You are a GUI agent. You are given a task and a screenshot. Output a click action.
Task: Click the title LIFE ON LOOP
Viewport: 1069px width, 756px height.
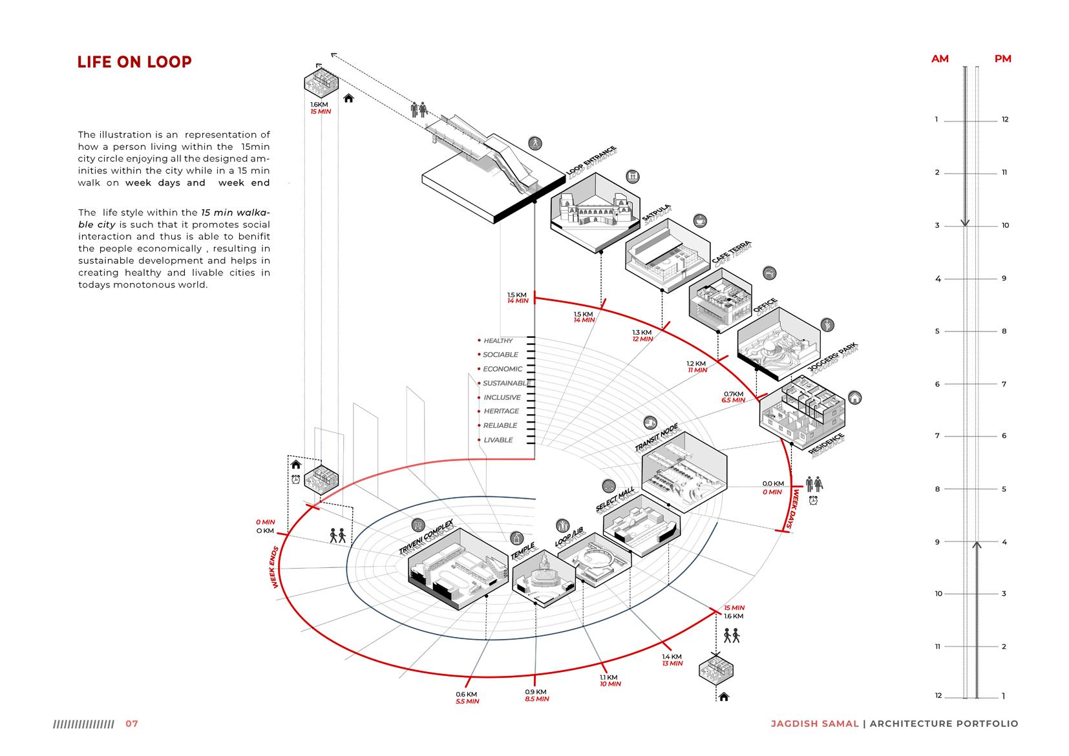click(134, 62)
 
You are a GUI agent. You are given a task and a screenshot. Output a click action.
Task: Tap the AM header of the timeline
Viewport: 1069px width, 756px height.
click(940, 59)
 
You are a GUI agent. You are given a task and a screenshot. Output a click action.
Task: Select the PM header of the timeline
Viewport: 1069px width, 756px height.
click(1002, 59)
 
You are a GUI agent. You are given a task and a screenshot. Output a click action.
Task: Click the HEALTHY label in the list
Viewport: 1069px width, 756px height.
click(498, 341)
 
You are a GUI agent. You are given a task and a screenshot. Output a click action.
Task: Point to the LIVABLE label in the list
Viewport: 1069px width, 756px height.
click(498, 440)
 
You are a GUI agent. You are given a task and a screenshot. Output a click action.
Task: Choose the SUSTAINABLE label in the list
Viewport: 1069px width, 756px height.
click(505, 383)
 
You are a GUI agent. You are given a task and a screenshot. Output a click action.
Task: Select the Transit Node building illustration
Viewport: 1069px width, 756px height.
click(684, 472)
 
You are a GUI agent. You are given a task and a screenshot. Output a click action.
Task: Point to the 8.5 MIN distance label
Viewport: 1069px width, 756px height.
click(538, 699)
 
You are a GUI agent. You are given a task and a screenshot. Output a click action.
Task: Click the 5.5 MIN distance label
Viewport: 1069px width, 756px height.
click(467, 701)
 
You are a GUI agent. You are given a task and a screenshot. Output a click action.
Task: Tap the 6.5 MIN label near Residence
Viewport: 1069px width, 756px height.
click(734, 401)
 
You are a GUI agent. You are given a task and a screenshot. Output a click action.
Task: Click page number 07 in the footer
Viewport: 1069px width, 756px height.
click(132, 724)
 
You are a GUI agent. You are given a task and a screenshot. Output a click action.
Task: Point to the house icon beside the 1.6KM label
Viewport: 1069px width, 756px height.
click(349, 98)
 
